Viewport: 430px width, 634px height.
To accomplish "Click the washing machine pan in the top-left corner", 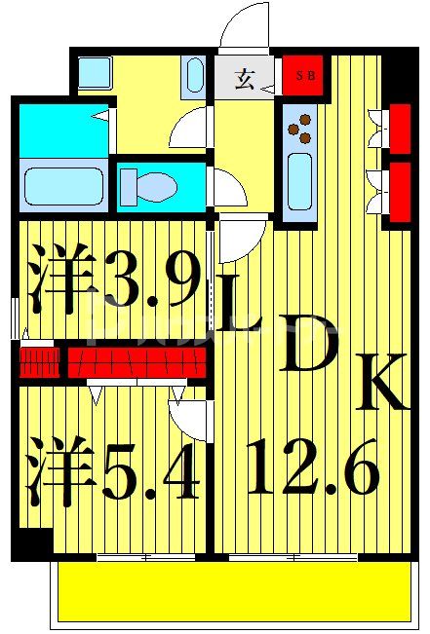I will pos(95,71).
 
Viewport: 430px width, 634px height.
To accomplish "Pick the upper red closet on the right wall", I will pos(398,125).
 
